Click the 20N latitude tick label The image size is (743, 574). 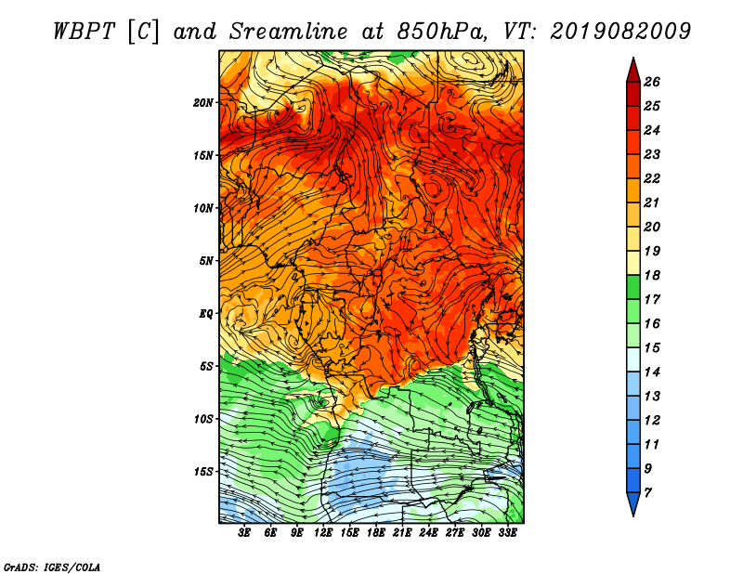coord(202,103)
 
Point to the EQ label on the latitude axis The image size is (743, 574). coord(205,314)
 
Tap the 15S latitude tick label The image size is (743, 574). coord(203,472)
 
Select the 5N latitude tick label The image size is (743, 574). coord(206,261)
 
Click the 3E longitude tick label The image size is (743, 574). coord(244,533)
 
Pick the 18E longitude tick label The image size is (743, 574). coord(376,533)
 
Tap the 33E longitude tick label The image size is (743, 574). coord(507,533)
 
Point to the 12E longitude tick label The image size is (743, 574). coord(323,533)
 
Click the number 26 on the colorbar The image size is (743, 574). coord(652,82)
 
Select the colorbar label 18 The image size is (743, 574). coord(652,275)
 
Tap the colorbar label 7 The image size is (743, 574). coord(647,493)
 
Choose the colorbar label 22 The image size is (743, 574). coord(652,178)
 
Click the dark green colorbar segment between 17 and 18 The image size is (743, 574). coord(633,287)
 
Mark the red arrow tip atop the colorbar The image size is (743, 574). coord(633,58)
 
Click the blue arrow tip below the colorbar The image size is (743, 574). coord(633,516)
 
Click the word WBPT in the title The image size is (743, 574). coord(84,32)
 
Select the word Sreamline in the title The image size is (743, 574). coord(289,32)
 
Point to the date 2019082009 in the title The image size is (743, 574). coord(620,32)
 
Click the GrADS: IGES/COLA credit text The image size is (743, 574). coord(52,567)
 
